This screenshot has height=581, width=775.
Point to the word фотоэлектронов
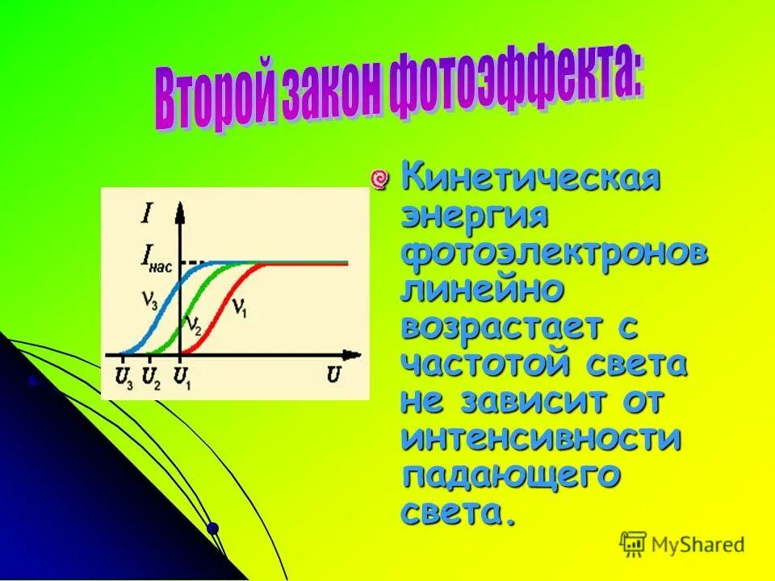[x=555, y=255]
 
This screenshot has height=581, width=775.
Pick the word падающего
[x=512, y=475]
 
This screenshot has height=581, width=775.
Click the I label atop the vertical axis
[x=148, y=215]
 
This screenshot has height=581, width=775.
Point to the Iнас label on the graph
[x=154, y=257]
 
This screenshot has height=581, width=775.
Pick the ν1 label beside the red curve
[x=239, y=307]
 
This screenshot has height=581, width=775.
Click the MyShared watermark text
[x=699, y=545]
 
